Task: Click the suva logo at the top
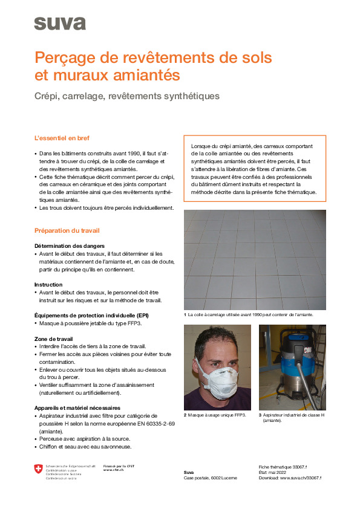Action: [x=59, y=24]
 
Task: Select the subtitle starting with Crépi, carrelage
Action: [x=126, y=96]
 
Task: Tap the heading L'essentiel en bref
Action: [x=62, y=138]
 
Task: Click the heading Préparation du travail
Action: [x=67, y=231]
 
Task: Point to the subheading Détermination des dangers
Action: [x=69, y=246]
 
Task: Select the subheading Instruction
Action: [x=48, y=284]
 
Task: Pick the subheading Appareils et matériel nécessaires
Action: [x=77, y=408]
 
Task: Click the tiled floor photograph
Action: [x=255, y=260]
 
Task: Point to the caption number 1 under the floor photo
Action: [x=185, y=315]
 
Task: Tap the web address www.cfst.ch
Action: [x=113, y=470]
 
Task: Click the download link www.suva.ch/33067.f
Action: [x=300, y=478]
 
